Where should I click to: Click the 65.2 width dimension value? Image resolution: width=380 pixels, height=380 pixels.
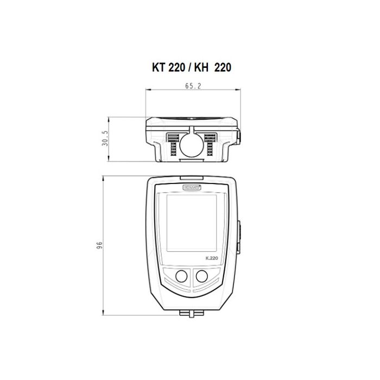pos(193,86)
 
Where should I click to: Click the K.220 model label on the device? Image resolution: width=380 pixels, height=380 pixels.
pos(212,258)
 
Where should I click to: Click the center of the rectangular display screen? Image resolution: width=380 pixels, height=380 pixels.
pos(193,223)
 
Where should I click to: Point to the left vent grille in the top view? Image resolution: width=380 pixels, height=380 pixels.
pos(172,144)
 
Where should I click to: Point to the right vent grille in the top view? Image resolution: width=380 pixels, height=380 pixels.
pos(213,144)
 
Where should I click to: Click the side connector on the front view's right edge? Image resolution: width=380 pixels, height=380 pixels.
pos(239,236)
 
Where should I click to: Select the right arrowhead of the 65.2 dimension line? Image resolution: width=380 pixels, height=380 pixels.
pos(237,91)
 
